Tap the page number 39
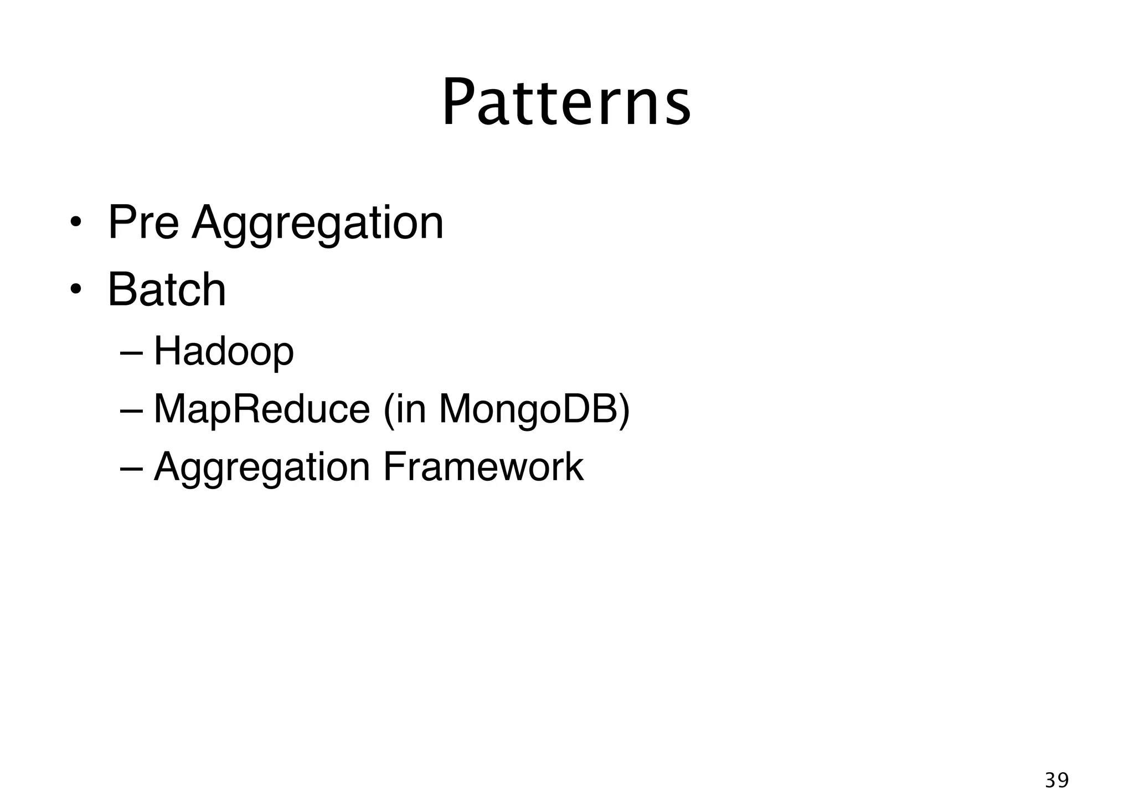click(1056, 781)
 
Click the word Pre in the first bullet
click(143, 223)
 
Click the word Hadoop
click(223, 352)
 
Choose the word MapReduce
click(261, 409)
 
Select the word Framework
click(483, 467)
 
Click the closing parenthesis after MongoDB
click(623, 410)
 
